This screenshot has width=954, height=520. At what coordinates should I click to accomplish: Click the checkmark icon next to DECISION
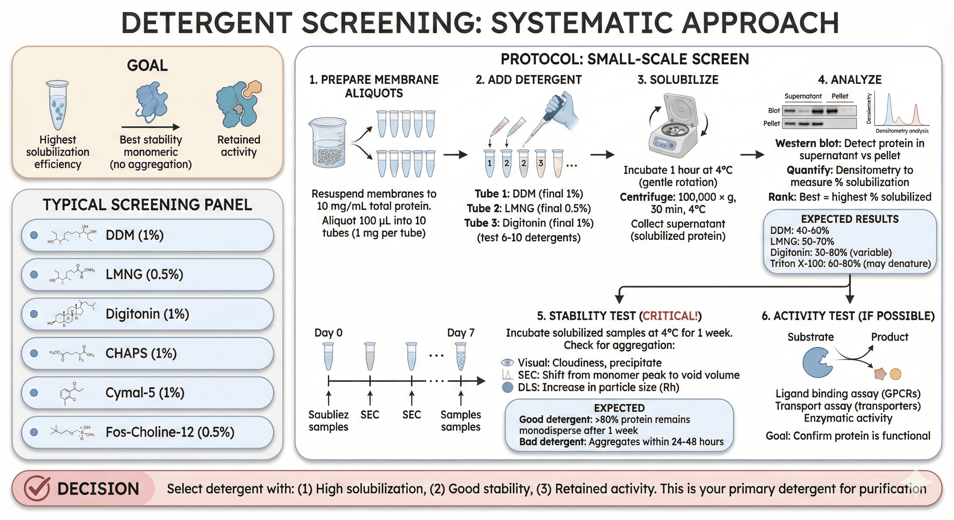click(x=37, y=489)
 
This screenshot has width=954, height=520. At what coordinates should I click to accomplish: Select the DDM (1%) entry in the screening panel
click(x=134, y=235)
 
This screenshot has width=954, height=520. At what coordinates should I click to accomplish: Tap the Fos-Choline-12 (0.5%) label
click(x=170, y=432)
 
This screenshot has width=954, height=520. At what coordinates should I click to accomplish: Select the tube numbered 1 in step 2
click(x=490, y=163)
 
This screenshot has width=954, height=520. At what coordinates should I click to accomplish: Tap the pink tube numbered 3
click(x=541, y=163)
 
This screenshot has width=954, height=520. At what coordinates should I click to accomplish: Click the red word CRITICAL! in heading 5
click(x=670, y=316)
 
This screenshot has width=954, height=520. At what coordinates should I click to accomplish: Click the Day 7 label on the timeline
click(x=461, y=333)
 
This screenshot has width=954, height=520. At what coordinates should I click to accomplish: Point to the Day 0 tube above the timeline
click(x=329, y=356)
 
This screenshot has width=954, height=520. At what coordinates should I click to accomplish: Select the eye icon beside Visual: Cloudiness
click(x=507, y=363)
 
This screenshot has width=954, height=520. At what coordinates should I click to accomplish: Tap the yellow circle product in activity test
click(x=895, y=374)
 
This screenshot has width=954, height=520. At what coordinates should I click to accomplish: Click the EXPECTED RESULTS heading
click(x=850, y=219)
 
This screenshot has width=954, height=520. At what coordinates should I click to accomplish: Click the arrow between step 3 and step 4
click(x=752, y=155)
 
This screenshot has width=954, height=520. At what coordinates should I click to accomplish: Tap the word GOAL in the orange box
click(x=147, y=66)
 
